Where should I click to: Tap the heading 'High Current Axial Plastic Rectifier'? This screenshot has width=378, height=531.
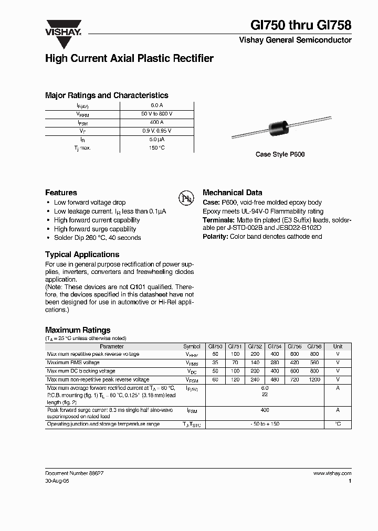129,59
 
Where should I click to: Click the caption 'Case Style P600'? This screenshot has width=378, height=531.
280,154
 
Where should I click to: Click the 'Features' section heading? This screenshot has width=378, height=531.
61,193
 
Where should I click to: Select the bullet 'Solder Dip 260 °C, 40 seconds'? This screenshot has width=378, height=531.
97,238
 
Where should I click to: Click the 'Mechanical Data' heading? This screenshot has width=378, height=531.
232,193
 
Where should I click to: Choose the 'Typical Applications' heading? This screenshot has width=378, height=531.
82,254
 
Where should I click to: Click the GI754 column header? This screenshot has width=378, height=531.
275,346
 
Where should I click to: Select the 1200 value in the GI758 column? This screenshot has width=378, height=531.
314,379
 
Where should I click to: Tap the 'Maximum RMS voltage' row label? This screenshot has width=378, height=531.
73,363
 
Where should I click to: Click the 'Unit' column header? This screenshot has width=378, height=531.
338,346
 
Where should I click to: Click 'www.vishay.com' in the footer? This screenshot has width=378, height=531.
332,473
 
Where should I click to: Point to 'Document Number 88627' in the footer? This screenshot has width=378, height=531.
74,473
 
